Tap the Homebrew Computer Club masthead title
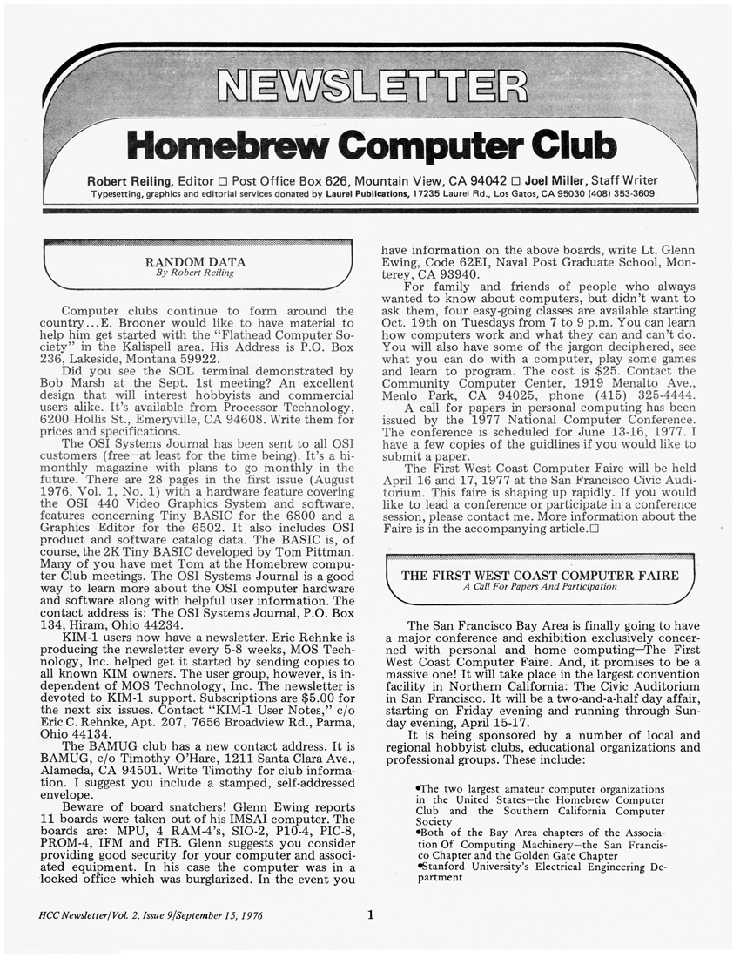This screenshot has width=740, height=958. tap(370, 144)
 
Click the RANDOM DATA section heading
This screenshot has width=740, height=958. tap(195, 261)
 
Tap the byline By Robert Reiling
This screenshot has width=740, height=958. tap(195, 273)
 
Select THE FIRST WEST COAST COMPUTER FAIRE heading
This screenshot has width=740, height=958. tap(540, 575)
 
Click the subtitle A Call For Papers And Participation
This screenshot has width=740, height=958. tap(540, 587)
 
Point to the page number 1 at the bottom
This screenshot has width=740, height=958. tap(370, 914)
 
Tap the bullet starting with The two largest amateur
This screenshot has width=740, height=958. tap(540, 789)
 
